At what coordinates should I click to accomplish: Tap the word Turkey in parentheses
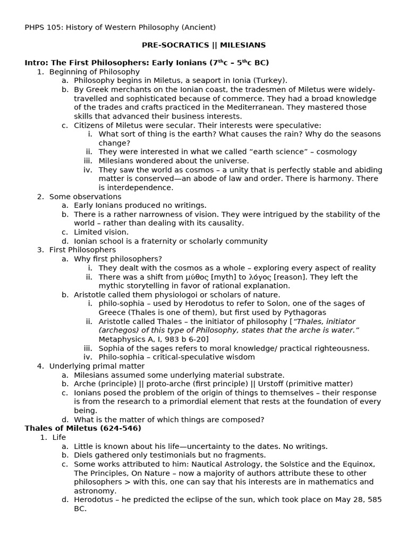tap(271, 80)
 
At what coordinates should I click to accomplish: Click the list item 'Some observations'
tap(85, 197)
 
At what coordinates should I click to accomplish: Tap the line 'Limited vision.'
tap(101, 232)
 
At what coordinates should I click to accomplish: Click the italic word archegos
tap(118, 330)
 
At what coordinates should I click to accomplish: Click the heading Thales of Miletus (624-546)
tap(83, 428)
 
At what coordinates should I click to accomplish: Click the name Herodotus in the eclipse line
tap(94, 500)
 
